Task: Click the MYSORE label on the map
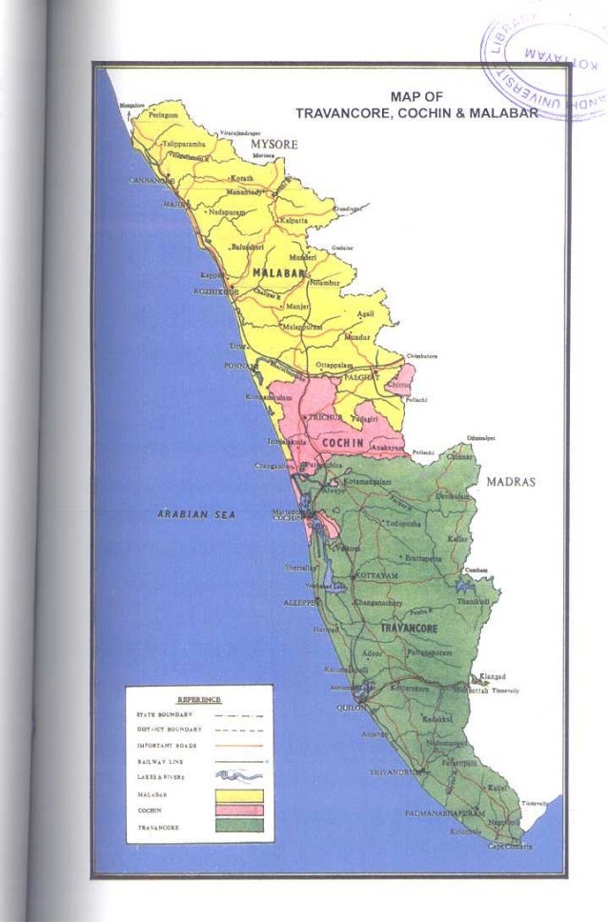click(274, 144)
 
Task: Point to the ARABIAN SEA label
click(189, 513)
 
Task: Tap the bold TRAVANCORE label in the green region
click(409, 630)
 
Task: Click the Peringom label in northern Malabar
click(164, 114)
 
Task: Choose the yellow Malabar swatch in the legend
click(238, 793)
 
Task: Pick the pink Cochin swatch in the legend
click(238, 810)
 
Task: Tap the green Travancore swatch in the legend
click(238, 826)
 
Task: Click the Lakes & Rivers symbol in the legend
click(238, 776)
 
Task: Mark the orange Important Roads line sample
click(238, 744)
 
